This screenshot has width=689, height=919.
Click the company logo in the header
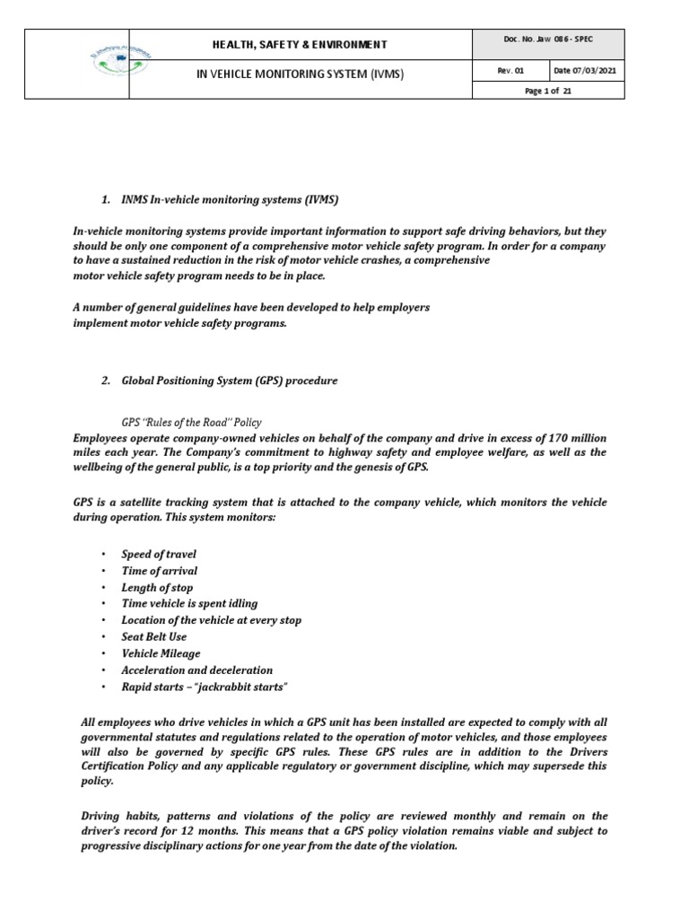[76, 64]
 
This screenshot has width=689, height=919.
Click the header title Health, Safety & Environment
[300, 44]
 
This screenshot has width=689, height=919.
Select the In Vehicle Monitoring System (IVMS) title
[300, 74]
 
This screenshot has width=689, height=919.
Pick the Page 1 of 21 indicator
[548, 91]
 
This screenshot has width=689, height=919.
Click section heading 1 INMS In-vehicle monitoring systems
[231, 197]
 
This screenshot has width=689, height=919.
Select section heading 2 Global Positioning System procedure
[230, 381]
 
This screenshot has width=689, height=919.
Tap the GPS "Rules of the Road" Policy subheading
[191, 422]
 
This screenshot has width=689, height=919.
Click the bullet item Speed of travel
[159, 555]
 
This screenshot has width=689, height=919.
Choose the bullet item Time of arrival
[160, 571]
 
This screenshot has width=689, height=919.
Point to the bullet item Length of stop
[157, 588]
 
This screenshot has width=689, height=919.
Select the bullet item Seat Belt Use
[154, 637]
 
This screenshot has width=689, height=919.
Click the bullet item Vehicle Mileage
[161, 653]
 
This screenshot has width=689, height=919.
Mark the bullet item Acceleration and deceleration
[196, 670]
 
